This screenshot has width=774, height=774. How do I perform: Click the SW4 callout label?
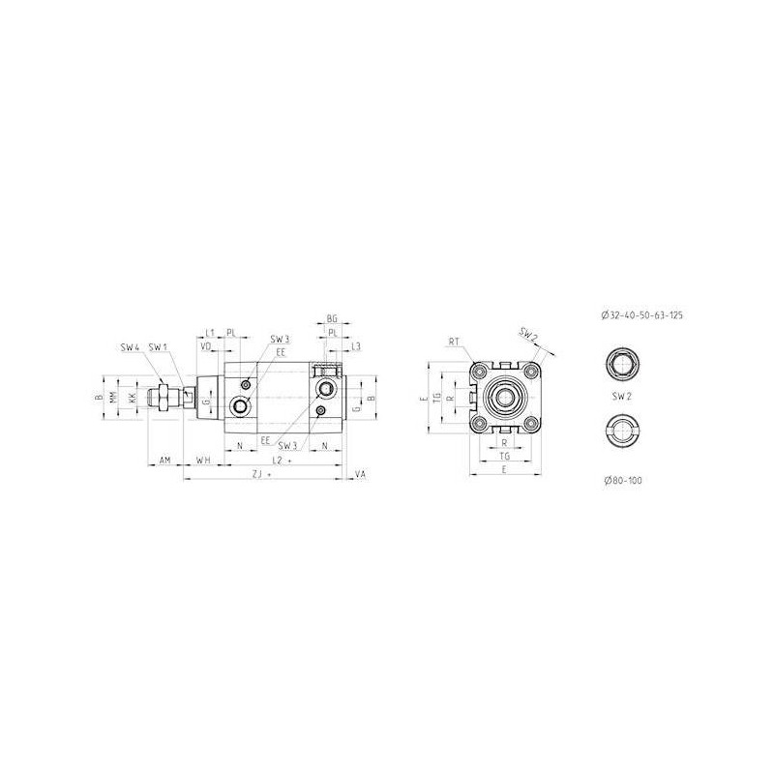pyautogui.click(x=130, y=346)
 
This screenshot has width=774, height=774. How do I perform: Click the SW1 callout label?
pyautogui.click(x=159, y=346)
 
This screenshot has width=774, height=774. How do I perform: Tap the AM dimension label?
pyautogui.click(x=165, y=461)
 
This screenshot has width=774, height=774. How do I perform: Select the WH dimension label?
pyautogui.click(x=203, y=461)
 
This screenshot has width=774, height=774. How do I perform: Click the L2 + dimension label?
pyautogui.click(x=283, y=461)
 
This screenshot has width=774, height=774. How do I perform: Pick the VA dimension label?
pyautogui.click(x=361, y=475)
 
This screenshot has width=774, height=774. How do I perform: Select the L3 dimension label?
pyautogui.click(x=356, y=345)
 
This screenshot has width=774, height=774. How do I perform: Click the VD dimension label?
pyautogui.click(x=205, y=345)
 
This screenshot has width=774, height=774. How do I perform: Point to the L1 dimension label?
pyautogui.click(x=210, y=332)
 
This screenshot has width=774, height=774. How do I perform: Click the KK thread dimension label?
pyautogui.click(x=132, y=398)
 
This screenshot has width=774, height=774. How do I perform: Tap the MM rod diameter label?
pyautogui.click(x=114, y=398)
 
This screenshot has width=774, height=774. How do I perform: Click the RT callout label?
pyautogui.click(x=454, y=341)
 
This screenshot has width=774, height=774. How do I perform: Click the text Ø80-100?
pyautogui.click(x=622, y=479)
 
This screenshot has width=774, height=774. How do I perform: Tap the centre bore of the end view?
pyautogui.click(x=503, y=398)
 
